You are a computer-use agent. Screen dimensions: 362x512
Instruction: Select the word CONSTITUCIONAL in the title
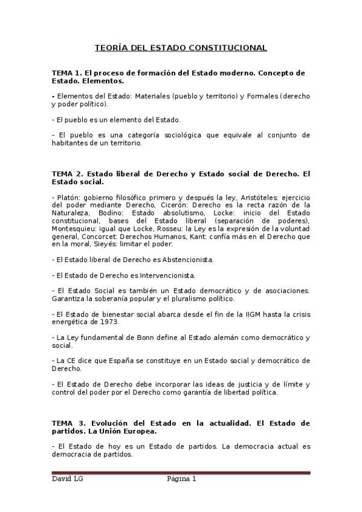tap(233, 48)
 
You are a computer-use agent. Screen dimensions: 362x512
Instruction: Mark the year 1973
tap(92, 322)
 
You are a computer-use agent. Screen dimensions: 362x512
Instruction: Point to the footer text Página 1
tap(181, 479)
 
